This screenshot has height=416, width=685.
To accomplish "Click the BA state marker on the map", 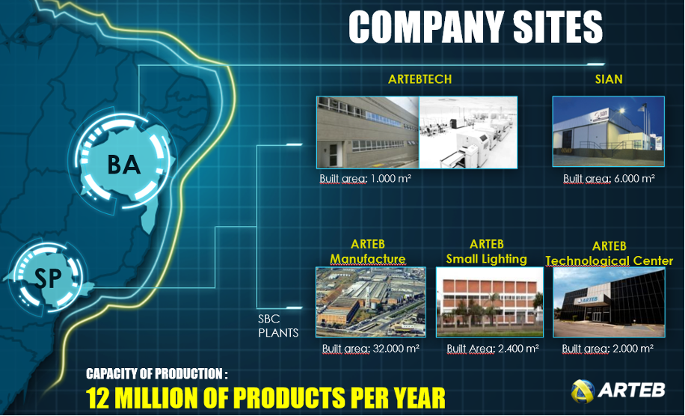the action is (x=124, y=165).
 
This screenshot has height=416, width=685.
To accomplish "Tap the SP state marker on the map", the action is (x=48, y=277).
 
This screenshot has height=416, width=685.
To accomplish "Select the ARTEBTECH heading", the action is (x=420, y=79).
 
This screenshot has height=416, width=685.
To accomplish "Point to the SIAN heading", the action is (x=609, y=79).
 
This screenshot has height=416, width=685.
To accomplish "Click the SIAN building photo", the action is (x=609, y=132).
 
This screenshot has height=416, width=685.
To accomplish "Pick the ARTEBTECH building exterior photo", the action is (x=368, y=132).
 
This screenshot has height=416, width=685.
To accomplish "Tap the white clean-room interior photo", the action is (x=468, y=132).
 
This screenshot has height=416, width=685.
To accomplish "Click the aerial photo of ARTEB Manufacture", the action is (x=370, y=302).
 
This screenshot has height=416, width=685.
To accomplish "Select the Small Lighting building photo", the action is (x=490, y=302).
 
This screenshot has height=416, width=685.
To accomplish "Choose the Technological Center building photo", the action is (x=609, y=302).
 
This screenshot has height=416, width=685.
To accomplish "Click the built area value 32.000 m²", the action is (x=396, y=348).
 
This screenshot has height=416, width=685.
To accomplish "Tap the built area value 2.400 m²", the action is (x=518, y=348).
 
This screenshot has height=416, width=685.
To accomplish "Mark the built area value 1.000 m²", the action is (x=391, y=178).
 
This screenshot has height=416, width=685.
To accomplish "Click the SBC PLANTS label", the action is (x=278, y=325).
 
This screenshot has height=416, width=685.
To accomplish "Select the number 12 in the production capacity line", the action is (x=97, y=397).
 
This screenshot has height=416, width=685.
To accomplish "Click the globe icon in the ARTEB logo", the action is (x=583, y=391).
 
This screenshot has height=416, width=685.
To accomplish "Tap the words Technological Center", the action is (x=609, y=261).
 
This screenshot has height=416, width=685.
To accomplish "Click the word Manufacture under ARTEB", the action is (x=367, y=259).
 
